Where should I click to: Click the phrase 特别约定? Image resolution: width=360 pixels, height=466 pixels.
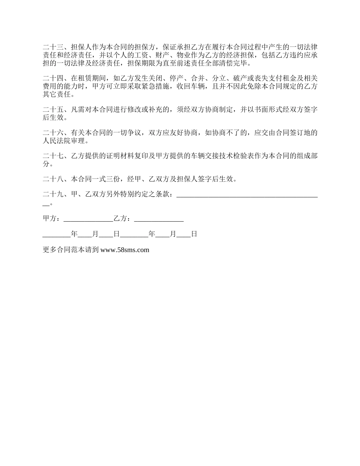(x=133, y=195)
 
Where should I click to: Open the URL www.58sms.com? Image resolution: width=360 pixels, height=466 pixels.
(x=125, y=250)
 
